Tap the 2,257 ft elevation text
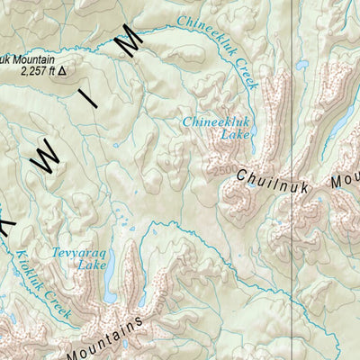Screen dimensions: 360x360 pos(32,73)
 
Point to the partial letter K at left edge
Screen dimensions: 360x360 pos(5,220)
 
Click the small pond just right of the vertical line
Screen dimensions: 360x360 pos(302,65)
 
